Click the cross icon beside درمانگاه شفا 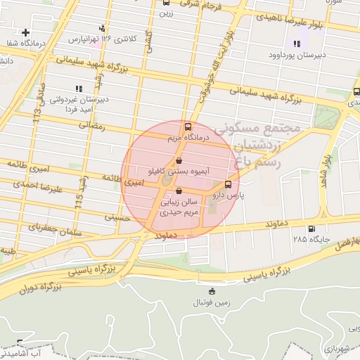coord(26,32)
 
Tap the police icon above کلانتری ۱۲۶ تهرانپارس coord(103,28)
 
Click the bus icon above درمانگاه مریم coord(187,127)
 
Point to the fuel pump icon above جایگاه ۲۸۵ coord(311,229)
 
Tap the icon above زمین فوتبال coord(212,292)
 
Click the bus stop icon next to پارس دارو coord(226,185)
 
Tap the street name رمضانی coord(91,125)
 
